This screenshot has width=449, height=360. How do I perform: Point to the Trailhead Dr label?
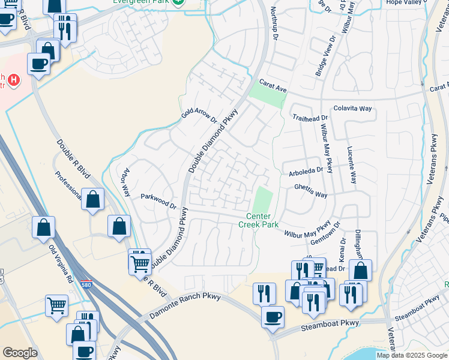[311, 118]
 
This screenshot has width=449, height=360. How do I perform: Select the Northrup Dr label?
[276, 20]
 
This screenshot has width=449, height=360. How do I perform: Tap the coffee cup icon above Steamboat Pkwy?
[273, 316]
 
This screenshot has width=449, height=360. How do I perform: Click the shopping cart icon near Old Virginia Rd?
[56, 304]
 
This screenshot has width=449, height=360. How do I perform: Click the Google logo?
[20, 353]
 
